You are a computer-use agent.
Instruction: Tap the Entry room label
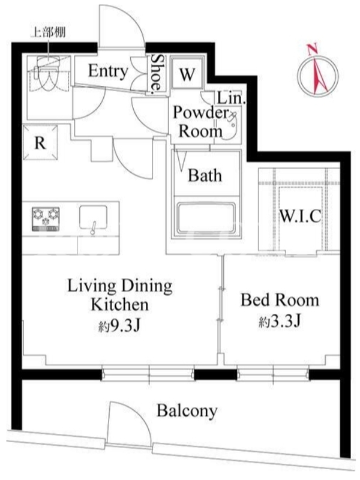pyautogui.click(x=108, y=71)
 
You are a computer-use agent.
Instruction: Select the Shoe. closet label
pyautogui.click(x=157, y=73)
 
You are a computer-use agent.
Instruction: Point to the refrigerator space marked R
pyautogui.click(x=40, y=142)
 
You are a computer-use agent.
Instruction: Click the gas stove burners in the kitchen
pyautogui.click(x=46, y=218)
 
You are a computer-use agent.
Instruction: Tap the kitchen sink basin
pyautogui.click(x=94, y=218)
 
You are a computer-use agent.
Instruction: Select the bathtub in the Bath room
pyautogui.click(x=206, y=220)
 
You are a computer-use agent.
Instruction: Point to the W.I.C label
pyautogui.click(x=301, y=216)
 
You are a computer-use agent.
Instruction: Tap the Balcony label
pyautogui.click(x=187, y=410)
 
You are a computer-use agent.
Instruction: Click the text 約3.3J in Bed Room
pyautogui.click(x=280, y=322)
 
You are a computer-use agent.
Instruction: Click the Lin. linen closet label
pyautogui.click(x=232, y=98)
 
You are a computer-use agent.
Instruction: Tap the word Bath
pyautogui.click(x=205, y=175)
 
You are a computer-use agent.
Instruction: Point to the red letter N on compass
pyautogui.click(x=312, y=49)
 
